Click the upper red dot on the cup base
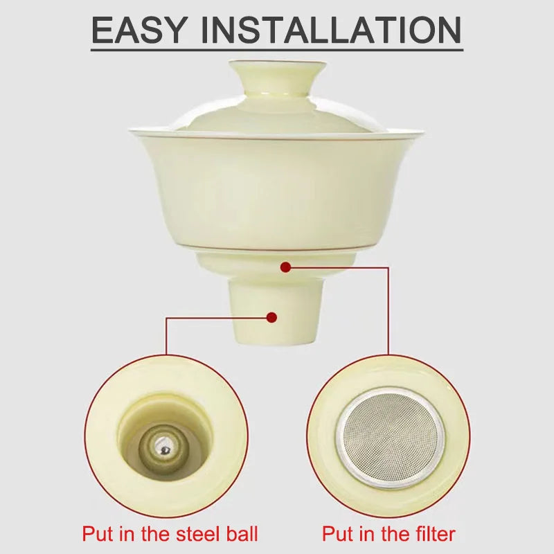(285, 267)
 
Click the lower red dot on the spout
(271, 317)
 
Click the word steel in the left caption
(197, 533)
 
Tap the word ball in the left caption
(241, 533)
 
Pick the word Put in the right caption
(335, 533)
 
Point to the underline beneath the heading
(276, 50)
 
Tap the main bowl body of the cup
(276, 191)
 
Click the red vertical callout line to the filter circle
(388, 311)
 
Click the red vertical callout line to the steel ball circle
(166, 336)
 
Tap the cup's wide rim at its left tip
(130, 132)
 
